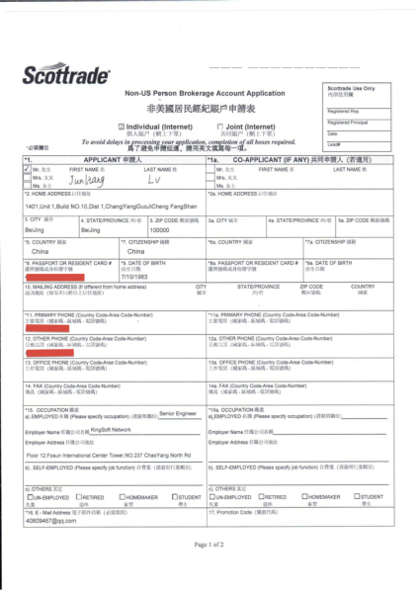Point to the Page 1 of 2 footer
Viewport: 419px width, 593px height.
point(209,570)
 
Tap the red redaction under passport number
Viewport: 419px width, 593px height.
point(59,281)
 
